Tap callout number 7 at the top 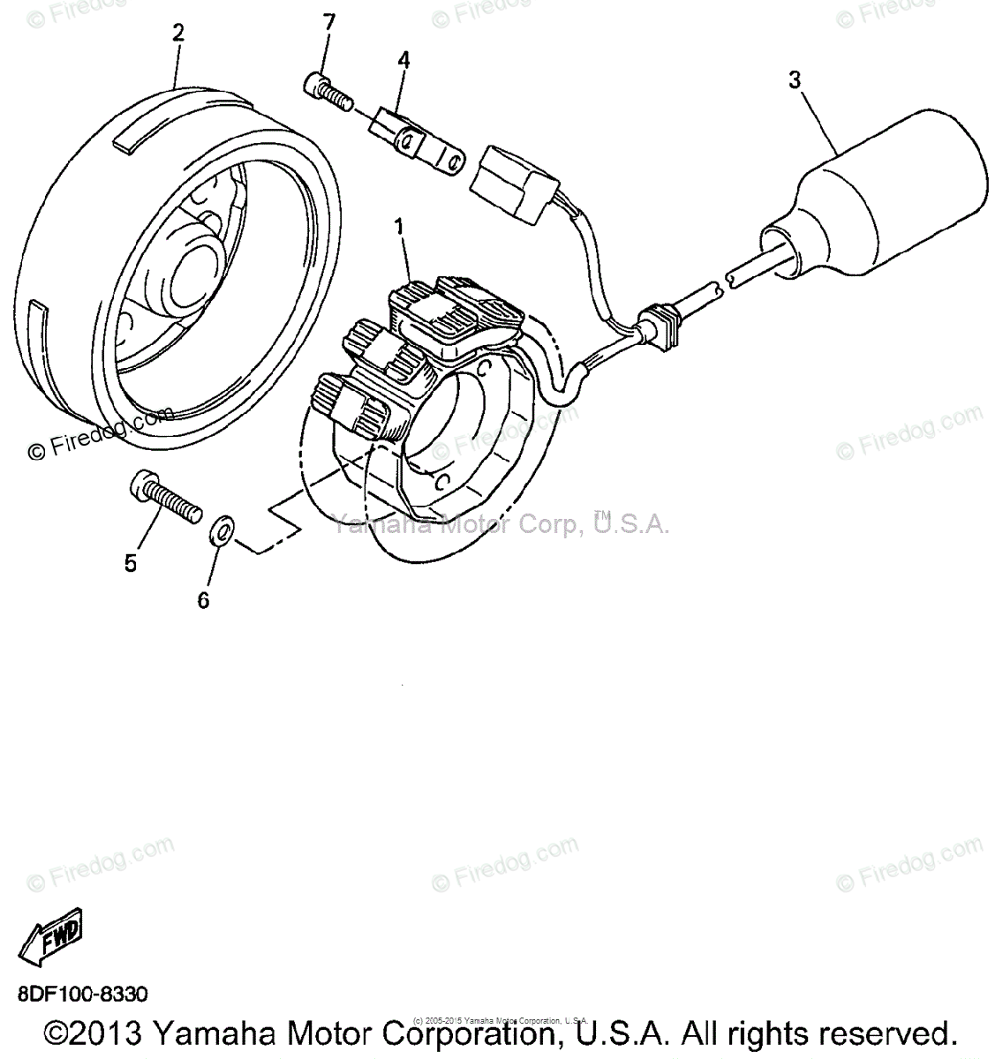(x=329, y=22)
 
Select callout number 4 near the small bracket (x=403, y=60)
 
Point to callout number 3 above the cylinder (x=795, y=80)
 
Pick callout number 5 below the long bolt (x=131, y=563)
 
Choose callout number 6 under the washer (x=203, y=600)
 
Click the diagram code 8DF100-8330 (x=82, y=994)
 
